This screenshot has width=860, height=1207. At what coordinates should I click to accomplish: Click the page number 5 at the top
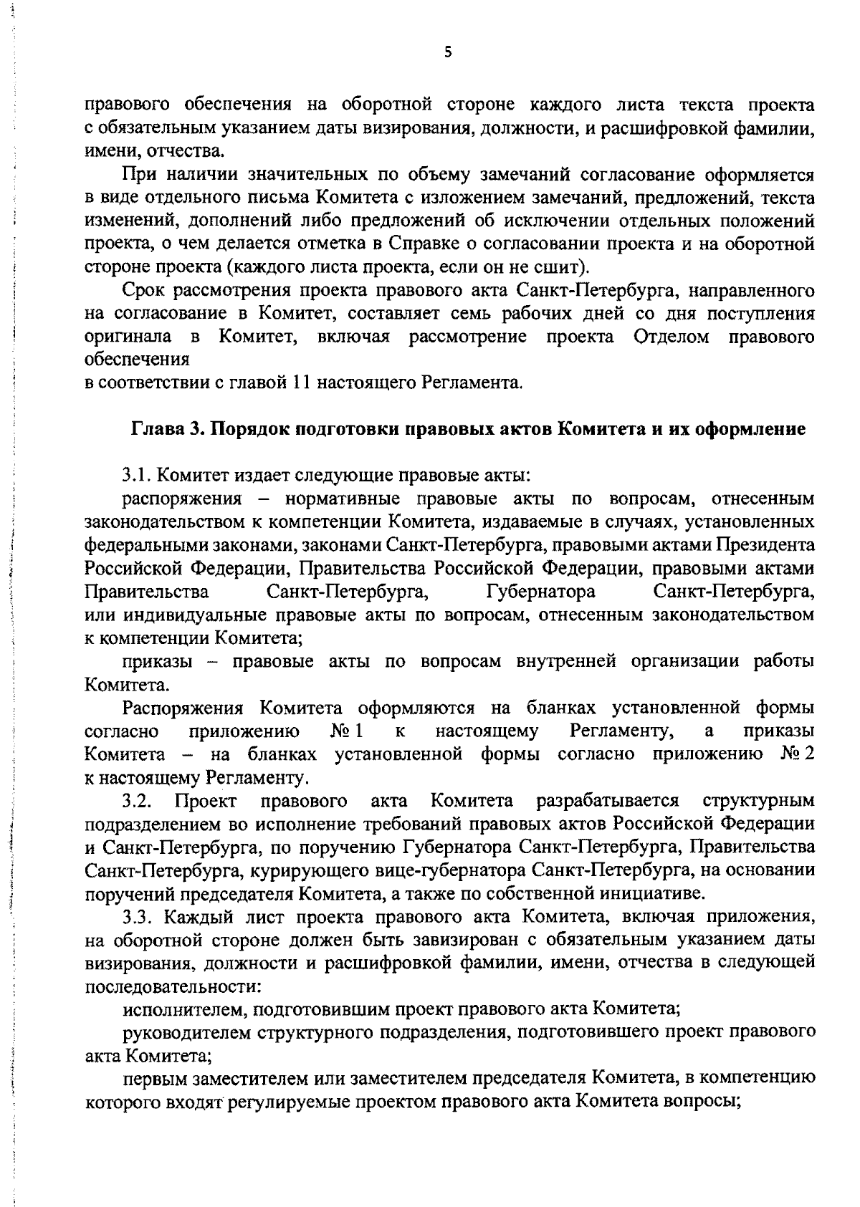448,52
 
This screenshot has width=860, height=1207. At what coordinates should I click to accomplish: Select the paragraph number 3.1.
135,475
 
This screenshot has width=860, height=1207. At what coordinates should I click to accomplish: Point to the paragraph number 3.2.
135,799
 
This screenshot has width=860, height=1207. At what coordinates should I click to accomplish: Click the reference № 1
348,731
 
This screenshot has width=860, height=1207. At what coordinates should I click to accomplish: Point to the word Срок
144,289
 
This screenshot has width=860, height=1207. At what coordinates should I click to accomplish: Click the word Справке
420,244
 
